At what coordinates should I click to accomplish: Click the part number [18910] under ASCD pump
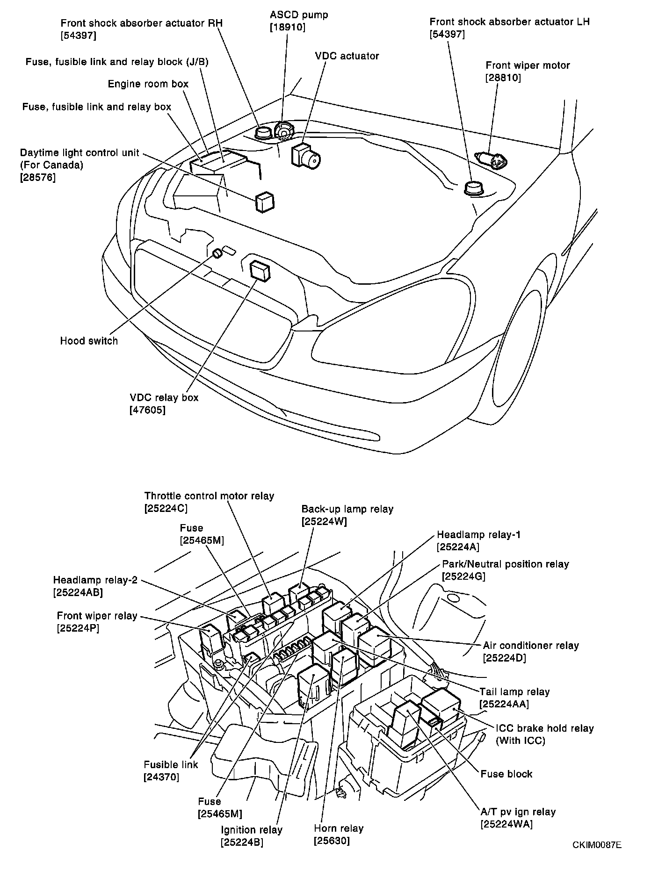coord(287,28)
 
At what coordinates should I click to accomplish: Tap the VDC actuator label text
coord(347,56)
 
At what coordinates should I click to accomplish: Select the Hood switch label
coord(89,341)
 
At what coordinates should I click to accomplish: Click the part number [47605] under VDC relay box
coord(147,410)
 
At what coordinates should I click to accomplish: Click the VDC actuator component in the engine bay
coord(305,155)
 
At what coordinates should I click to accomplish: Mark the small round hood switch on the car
coord(217,253)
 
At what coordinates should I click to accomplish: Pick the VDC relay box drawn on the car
coord(260,271)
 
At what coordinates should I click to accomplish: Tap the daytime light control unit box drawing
coord(265,202)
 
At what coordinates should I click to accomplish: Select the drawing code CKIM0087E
coord(597,845)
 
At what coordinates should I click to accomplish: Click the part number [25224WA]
coord(506,824)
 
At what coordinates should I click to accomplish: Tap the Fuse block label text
coord(506,774)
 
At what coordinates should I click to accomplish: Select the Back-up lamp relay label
coord(347,509)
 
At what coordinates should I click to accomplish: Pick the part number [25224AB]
coord(78,592)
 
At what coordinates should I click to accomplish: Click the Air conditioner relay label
coord(531,646)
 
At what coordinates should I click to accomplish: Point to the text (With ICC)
coord(520,741)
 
